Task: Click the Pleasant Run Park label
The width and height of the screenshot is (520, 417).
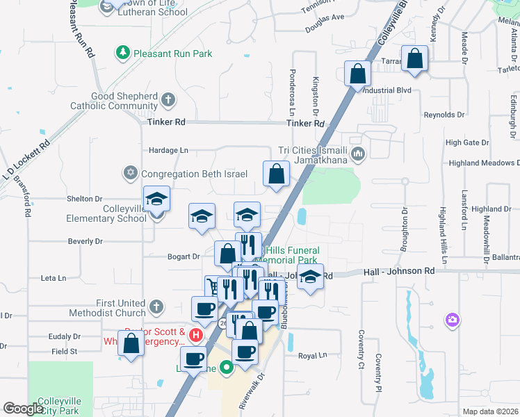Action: click(174, 54)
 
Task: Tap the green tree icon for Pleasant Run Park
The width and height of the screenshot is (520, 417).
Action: click(123, 53)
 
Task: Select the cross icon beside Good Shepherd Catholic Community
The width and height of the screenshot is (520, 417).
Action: click(168, 101)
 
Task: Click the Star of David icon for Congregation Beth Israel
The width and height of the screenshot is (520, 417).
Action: click(130, 172)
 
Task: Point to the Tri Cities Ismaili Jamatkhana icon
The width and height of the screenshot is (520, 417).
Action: click(358, 154)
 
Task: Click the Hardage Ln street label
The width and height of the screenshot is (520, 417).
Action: click(168, 150)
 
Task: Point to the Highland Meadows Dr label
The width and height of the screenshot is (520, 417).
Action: click(484, 163)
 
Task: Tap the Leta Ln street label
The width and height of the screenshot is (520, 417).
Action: click(54, 278)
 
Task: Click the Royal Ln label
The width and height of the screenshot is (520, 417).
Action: click(312, 356)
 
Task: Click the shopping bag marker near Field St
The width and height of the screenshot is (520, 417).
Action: click(131, 343)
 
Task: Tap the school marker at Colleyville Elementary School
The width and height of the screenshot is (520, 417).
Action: click(157, 200)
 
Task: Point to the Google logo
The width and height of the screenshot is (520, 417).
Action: click(23, 409)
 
